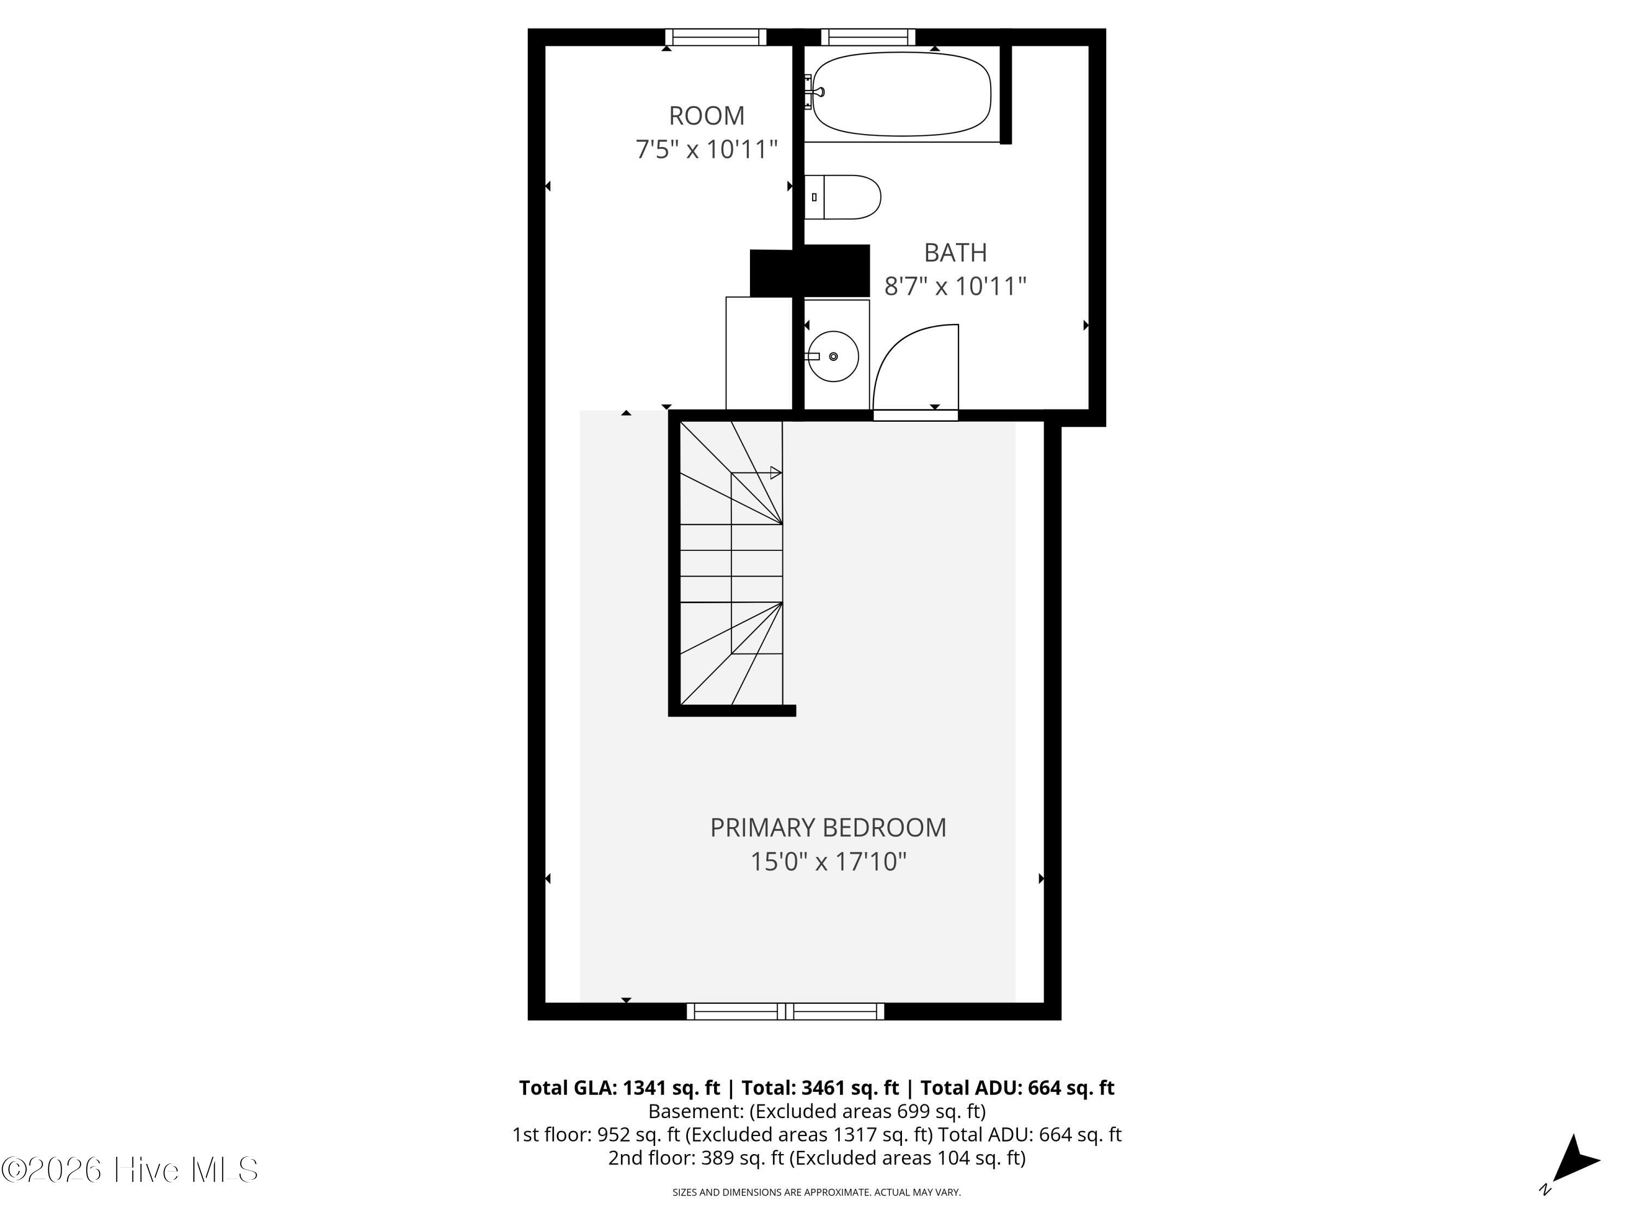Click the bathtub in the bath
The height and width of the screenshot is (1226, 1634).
901,94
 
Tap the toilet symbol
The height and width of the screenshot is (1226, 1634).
842,197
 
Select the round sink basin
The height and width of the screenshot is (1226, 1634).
833,356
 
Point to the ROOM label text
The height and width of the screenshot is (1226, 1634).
706,116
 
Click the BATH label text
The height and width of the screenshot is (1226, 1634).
955,253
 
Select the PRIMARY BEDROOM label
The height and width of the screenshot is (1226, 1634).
828,828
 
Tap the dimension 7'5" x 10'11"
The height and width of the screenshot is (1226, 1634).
706,149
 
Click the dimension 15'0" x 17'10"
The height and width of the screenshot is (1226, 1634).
828,861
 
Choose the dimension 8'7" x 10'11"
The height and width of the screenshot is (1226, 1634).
955,286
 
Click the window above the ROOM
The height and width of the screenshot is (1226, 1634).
716,37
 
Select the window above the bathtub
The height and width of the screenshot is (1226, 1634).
868,37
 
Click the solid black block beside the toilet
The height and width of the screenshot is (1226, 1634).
809,270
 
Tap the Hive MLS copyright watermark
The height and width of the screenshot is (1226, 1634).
130,1170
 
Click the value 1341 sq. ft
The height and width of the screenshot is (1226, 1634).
672,1088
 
